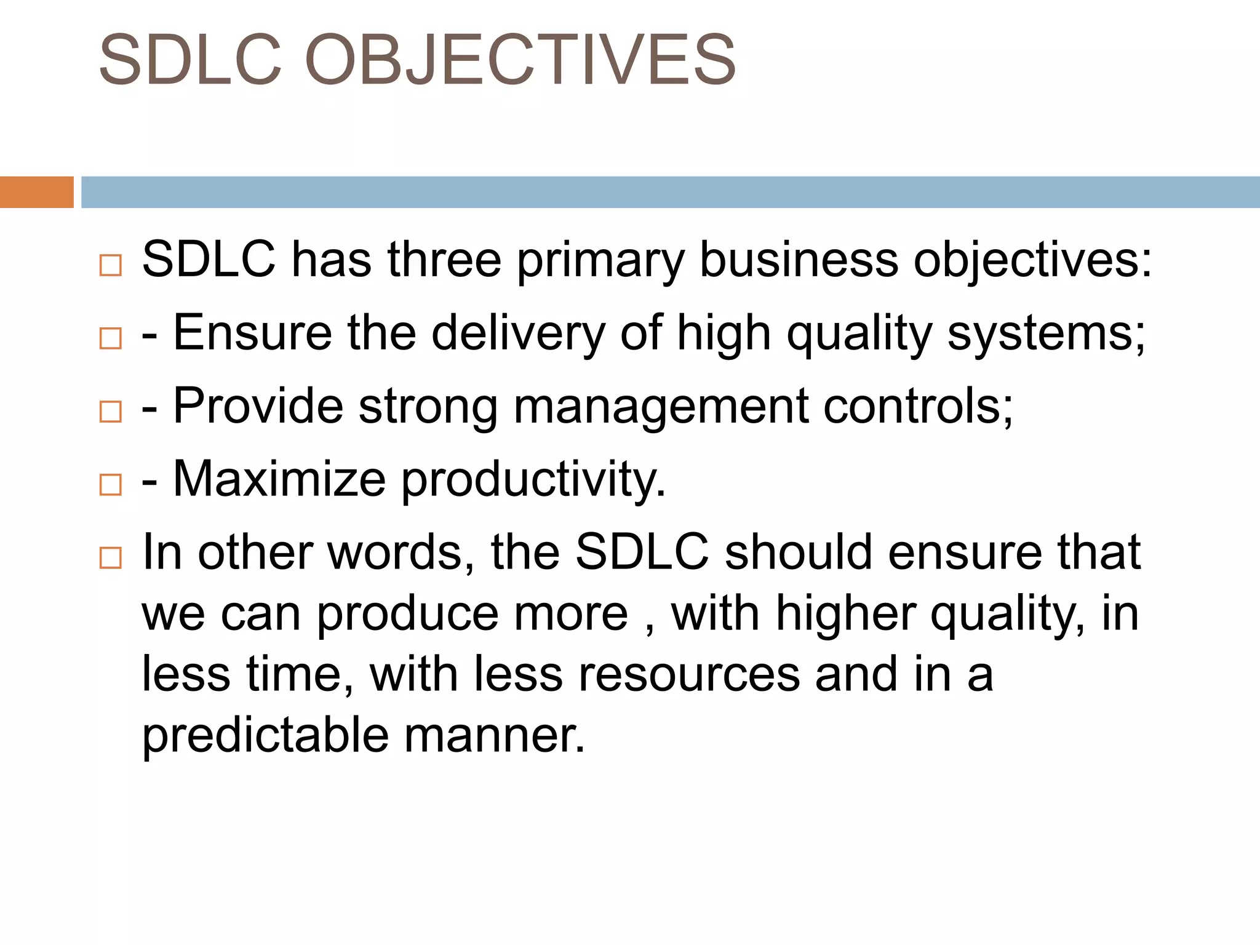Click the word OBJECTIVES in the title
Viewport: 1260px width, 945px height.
[520, 60]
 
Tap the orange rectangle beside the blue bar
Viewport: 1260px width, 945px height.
[36, 192]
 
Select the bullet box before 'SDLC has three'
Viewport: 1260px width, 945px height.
[111, 265]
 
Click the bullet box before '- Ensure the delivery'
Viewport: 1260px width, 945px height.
[111, 338]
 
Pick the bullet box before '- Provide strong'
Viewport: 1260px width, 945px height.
[111, 411]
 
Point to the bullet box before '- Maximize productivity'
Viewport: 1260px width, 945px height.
[111, 484]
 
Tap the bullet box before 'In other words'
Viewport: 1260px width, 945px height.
[111, 557]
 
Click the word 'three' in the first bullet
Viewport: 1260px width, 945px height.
[444, 260]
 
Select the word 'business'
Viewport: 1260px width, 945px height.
[799, 260]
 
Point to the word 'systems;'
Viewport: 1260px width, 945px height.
[1046, 333]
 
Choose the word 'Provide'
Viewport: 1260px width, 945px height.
[258, 406]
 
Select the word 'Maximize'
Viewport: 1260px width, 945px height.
[279, 479]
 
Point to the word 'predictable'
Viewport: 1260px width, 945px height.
[265, 735]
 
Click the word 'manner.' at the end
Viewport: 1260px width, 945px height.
[494, 735]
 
